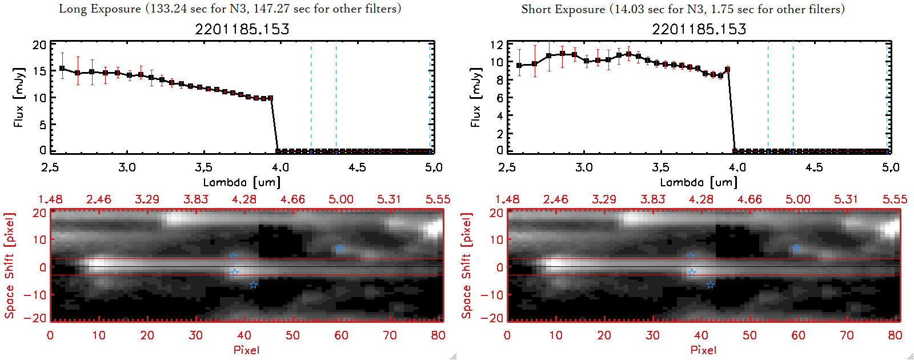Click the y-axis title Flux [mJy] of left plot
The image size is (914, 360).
click(x=19, y=97)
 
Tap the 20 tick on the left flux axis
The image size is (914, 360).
click(x=39, y=45)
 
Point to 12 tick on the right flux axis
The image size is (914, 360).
click(x=496, y=45)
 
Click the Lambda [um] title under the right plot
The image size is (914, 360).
click(x=699, y=182)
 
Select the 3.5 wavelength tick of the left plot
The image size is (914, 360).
click(x=204, y=167)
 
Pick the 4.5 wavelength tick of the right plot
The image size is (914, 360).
click(x=814, y=167)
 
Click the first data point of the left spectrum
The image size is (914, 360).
click(x=62, y=69)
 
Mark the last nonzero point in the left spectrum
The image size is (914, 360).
click(x=270, y=98)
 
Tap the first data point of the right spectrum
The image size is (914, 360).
click(x=519, y=66)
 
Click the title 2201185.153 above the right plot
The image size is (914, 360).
click(x=699, y=29)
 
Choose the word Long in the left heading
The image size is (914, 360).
click(x=71, y=9)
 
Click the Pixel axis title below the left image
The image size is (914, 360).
click(x=246, y=350)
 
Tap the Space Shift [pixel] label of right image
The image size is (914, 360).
click(x=467, y=266)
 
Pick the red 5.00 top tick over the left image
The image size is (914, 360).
click(x=341, y=199)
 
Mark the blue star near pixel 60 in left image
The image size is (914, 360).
click(x=339, y=249)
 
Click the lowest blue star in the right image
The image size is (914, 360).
click(x=710, y=285)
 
